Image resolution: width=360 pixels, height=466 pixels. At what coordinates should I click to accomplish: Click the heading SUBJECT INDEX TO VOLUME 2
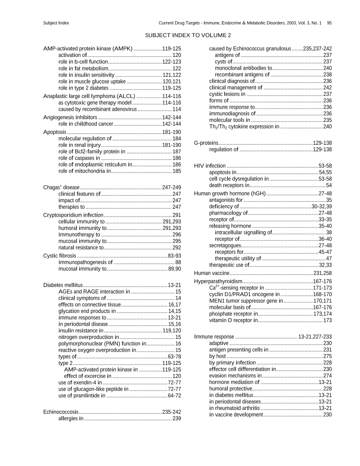click(188, 35)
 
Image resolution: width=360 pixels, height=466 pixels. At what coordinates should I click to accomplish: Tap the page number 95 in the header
click(330, 23)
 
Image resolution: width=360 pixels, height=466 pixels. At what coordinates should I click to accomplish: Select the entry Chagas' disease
click(61, 187)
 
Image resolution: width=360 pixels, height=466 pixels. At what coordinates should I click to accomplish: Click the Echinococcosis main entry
click(61, 412)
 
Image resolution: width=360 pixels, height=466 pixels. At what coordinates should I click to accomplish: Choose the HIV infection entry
click(210, 165)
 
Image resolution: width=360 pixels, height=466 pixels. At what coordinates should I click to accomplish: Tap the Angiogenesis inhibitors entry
click(70, 117)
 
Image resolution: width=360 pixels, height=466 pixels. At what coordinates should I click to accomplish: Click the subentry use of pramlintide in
click(82, 395)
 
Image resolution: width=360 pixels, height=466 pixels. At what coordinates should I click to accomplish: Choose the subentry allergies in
click(71, 418)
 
